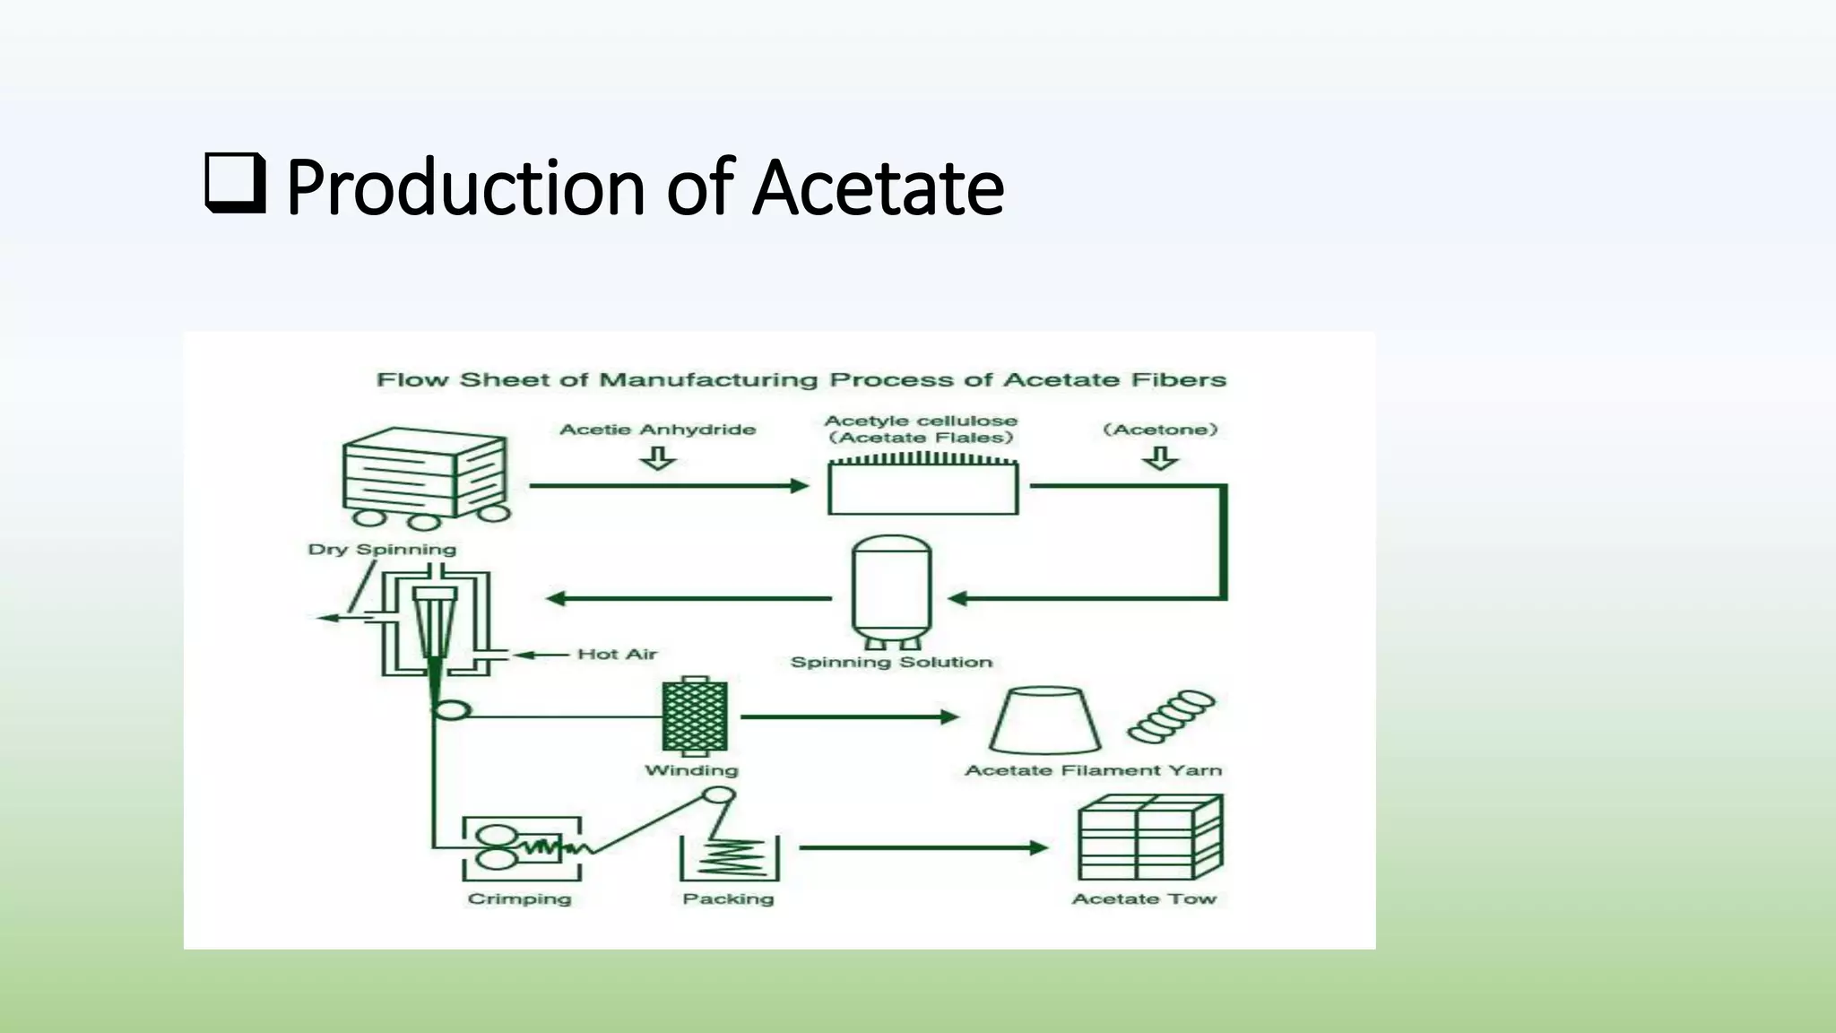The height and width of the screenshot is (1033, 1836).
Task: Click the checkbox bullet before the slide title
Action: (235, 184)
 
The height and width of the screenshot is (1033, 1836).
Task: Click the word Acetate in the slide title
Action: (878, 188)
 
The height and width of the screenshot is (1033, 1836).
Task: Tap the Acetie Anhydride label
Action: (657, 430)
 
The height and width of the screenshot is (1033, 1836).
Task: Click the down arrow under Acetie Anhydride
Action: (657, 458)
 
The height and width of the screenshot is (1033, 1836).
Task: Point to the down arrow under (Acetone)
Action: (1160, 458)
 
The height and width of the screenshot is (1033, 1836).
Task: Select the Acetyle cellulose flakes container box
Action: (922, 488)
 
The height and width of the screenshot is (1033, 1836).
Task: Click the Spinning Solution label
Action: (891, 663)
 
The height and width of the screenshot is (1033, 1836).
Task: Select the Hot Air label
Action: (617, 655)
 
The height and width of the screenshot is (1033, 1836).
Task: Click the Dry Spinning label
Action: (382, 550)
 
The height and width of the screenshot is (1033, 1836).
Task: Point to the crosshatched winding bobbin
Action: (695, 717)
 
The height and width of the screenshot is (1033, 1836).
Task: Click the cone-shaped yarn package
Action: (1044, 720)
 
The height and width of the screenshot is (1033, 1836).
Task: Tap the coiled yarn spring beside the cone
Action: (1171, 716)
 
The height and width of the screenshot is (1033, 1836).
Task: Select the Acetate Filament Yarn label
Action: (1093, 770)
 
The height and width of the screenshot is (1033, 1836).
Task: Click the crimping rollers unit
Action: (521, 847)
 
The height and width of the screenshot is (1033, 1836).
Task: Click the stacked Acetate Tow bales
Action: (1149, 838)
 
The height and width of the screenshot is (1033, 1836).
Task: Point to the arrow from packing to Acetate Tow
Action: (923, 847)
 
